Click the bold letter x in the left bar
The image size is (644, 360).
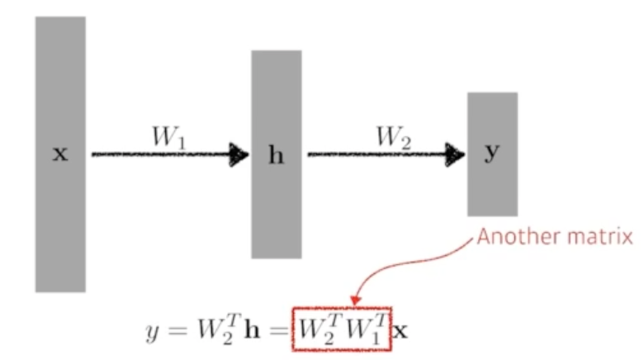(x=60, y=154)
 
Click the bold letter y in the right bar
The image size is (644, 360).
(x=492, y=154)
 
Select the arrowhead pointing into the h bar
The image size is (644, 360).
(x=240, y=154)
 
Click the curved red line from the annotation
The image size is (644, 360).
(x=413, y=263)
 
